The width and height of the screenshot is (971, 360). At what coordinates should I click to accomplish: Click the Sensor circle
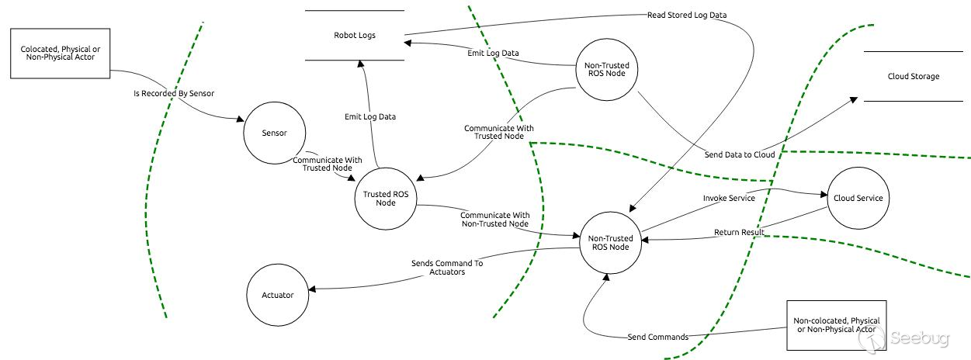point(274,133)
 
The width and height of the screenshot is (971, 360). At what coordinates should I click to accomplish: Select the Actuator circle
point(277,295)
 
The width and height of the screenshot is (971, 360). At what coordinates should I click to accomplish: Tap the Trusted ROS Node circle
point(385,199)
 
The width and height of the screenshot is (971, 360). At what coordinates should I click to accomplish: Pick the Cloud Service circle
point(858,198)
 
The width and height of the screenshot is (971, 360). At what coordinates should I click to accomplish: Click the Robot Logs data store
point(355,36)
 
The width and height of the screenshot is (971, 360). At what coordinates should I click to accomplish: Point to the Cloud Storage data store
point(913,76)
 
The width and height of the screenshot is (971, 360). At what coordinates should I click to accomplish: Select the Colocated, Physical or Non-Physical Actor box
point(60,53)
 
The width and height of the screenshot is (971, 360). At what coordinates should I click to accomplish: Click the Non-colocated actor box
point(835,325)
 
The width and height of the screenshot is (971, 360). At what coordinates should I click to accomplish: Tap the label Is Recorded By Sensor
point(174,93)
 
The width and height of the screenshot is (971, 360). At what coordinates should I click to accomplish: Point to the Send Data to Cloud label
point(739,154)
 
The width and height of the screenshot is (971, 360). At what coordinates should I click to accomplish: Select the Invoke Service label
point(729,198)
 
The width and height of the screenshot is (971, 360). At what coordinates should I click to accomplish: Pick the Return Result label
point(739,232)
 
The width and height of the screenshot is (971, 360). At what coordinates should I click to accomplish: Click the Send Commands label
point(657,337)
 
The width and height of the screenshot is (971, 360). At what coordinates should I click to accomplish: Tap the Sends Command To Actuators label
point(446,268)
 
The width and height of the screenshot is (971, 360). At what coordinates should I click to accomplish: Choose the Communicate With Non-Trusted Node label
point(495,220)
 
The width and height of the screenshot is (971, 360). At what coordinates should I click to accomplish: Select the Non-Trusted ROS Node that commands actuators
point(610,243)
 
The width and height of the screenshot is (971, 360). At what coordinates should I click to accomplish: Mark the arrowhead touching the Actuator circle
point(311,291)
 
